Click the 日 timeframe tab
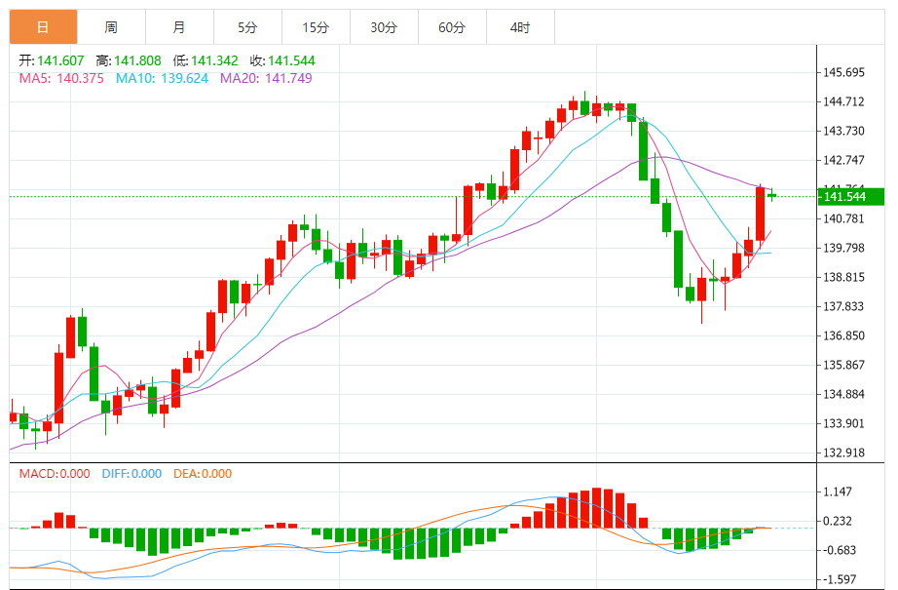coord(43,28)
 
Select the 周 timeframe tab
coord(111,28)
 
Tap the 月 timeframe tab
coord(179,28)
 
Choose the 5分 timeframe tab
coord(247,28)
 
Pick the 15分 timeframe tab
coord(316,28)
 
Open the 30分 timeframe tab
coord(384,28)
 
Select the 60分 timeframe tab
coord(452,28)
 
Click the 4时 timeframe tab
coord(520,28)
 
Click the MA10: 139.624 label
coord(162,78)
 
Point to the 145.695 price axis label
coord(843,73)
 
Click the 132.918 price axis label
coord(843,452)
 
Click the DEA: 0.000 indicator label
coord(203,474)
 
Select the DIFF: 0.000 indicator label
coord(131,474)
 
